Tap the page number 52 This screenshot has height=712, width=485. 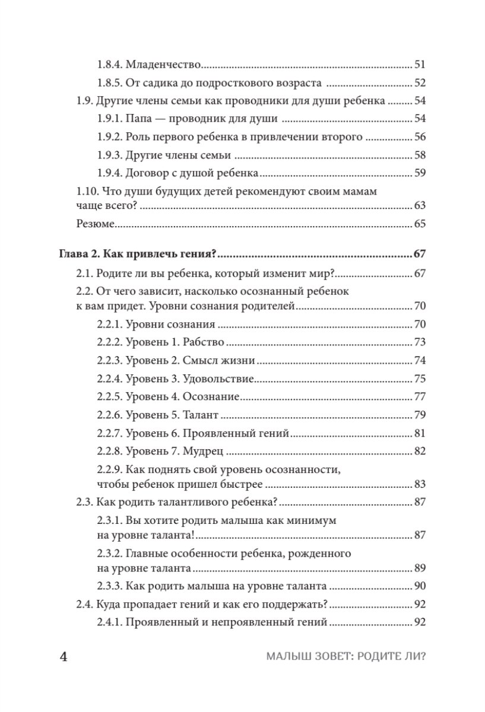(x=420, y=83)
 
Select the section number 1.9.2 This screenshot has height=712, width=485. (x=109, y=137)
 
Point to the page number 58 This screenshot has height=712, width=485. (x=420, y=155)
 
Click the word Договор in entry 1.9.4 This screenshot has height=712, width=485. (x=145, y=174)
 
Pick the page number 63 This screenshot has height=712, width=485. (x=420, y=206)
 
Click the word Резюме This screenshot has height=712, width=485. (x=95, y=224)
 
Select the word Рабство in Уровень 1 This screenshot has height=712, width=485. (x=204, y=342)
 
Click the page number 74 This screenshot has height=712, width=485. (x=420, y=361)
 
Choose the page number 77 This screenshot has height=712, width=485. (x=420, y=397)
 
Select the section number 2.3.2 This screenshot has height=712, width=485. (x=109, y=554)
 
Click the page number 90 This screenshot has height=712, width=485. (x=420, y=586)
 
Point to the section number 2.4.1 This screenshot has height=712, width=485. (x=109, y=622)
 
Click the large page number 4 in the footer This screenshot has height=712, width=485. (x=64, y=659)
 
